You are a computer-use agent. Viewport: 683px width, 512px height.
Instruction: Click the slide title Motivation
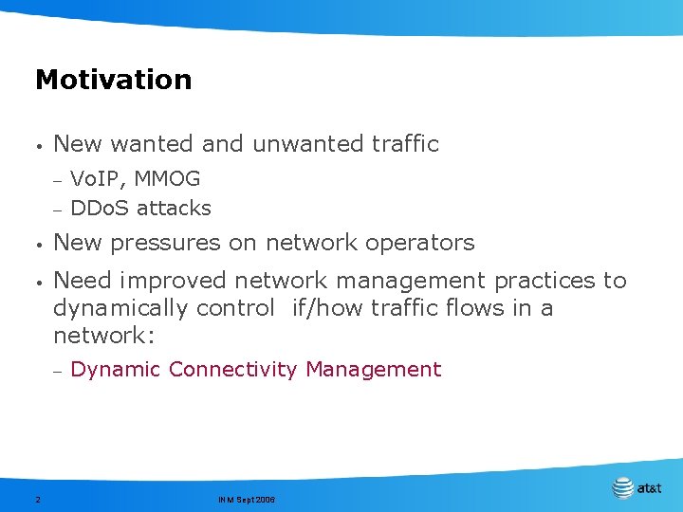(x=113, y=80)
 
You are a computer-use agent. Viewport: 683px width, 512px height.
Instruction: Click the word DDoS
(x=101, y=208)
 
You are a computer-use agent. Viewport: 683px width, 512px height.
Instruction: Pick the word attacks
(x=174, y=208)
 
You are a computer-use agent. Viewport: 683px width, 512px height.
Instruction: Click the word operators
(x=418, y=243)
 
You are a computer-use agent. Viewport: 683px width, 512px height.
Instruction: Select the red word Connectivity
(x=233, y=370)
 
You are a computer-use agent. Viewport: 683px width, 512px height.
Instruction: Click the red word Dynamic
(x=116, y=370)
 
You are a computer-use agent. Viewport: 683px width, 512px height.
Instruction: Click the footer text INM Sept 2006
(x=246, y=499)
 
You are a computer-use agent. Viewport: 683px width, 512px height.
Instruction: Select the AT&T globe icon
(x=622, y=488)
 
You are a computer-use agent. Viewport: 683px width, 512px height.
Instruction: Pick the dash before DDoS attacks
(x=57, y=209)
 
